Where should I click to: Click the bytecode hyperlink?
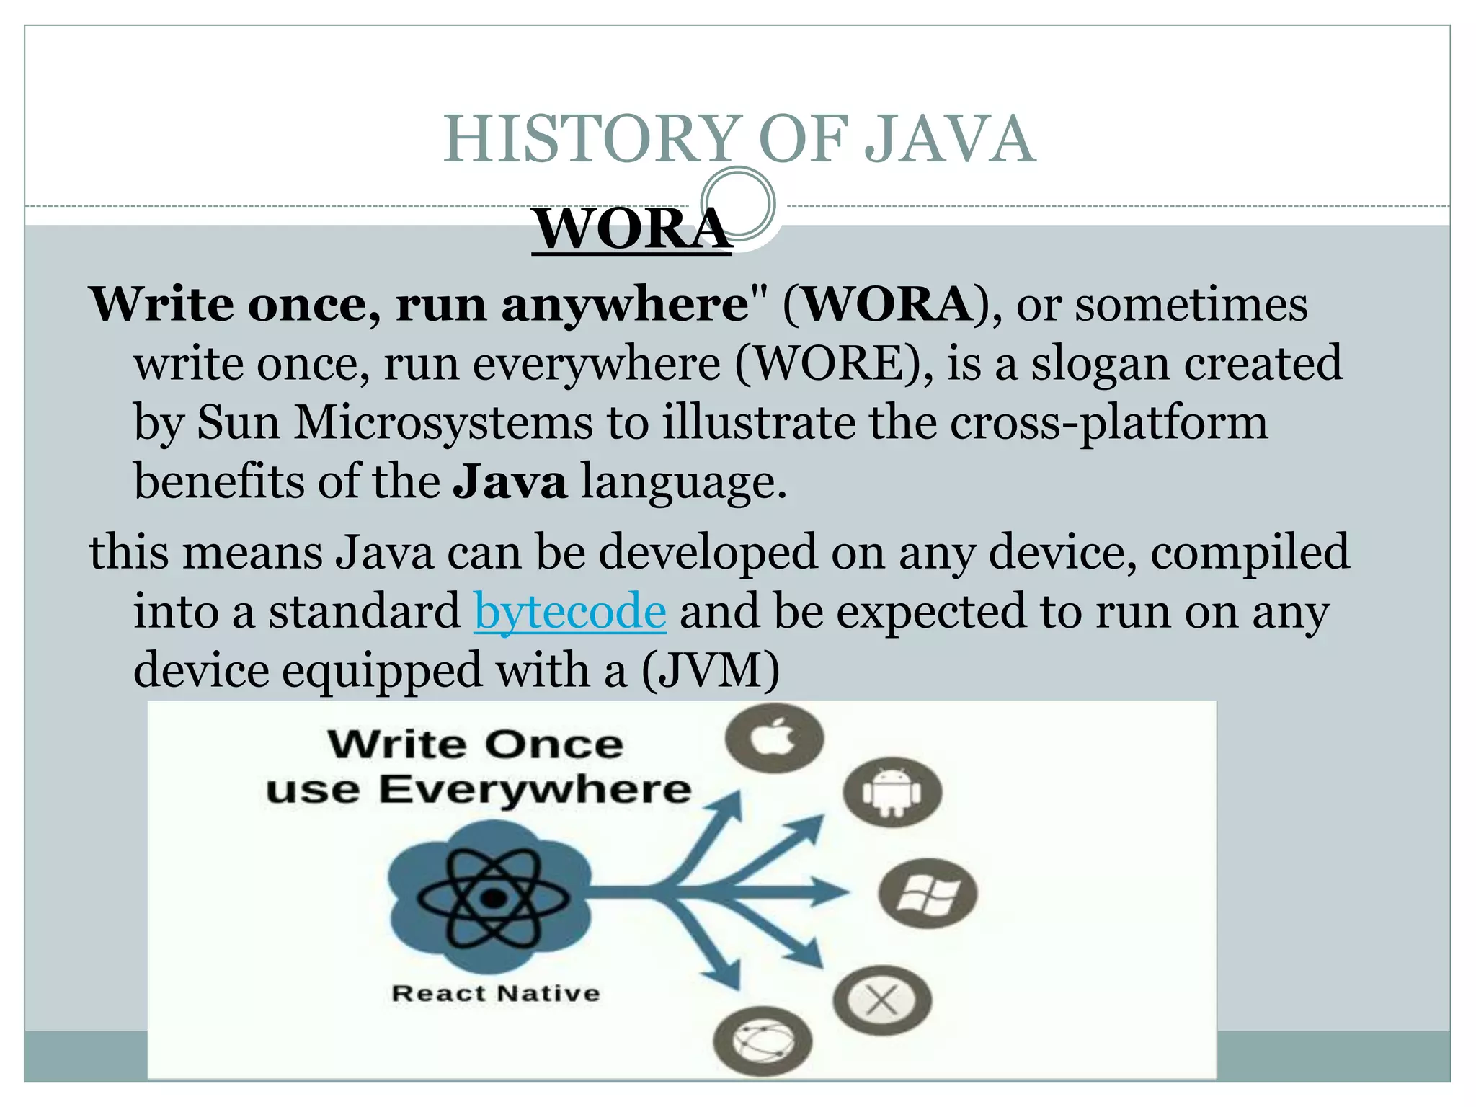(569, 611)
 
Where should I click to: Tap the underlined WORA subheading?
(631, 228)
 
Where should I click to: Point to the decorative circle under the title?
(738, 203)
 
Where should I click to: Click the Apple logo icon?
(774, 738)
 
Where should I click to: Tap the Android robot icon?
(892, 792)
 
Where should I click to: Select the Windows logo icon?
(928, 894)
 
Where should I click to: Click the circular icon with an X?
(882, 1000)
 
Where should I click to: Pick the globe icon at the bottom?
(763, 1041)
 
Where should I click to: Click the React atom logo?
(492, 898)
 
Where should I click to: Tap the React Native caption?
(495, 993)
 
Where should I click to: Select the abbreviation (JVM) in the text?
(710, 670)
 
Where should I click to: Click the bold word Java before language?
(510, 481)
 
